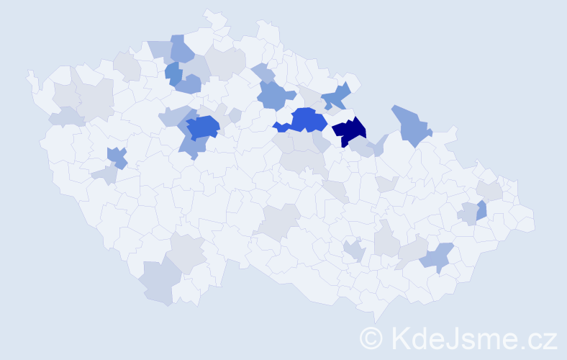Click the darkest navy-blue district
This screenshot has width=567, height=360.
pyautogui.click(x=350, y=130)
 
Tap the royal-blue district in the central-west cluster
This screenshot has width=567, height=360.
pyautogui.click(x=202, y=127)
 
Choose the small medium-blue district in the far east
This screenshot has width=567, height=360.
pyautogui.click(x=481, y=210)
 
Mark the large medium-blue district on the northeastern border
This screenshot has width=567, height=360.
pyautogui.click(x=411, y=125)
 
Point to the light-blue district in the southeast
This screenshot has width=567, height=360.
pyautogui.click(x=438, y=257)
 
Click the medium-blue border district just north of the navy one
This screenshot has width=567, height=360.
pyautogui.click(x=336, y=96)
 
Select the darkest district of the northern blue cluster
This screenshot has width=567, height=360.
pyautogui.click(x=173, y=71)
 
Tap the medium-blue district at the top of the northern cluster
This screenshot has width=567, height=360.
pyautogui.click(x=181, y=49)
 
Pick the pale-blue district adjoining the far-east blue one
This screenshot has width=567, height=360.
pyautogui.click(x=468, y=213)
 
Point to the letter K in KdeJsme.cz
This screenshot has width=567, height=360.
pyautogui.click(x=398, y=338)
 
